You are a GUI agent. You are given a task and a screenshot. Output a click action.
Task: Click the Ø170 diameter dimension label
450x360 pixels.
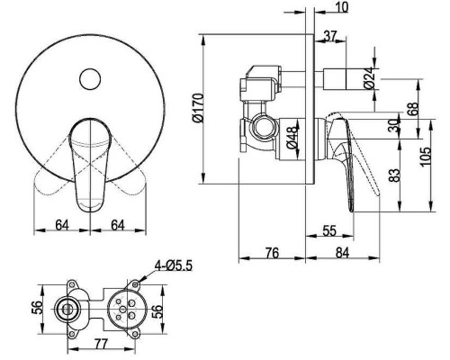(198, 108)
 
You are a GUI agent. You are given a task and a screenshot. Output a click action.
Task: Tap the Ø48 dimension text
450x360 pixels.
(292, 137)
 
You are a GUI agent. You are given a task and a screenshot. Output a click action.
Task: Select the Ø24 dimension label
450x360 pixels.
(370, 77)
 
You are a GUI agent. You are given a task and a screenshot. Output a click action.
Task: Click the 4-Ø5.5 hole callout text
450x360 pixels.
(173, 265)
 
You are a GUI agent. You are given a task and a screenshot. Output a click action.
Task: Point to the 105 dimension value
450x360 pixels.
(425, 157)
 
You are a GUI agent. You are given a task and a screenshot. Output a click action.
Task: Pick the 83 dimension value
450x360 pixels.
(394, 175)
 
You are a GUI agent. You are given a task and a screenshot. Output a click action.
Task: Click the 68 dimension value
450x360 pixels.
(413, 109)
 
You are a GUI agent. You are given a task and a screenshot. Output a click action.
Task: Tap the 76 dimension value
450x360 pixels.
(273, 253)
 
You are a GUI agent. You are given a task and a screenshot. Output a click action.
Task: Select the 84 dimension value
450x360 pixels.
(342, 253)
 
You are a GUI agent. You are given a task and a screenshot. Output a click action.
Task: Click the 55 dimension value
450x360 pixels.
(329, 230)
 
